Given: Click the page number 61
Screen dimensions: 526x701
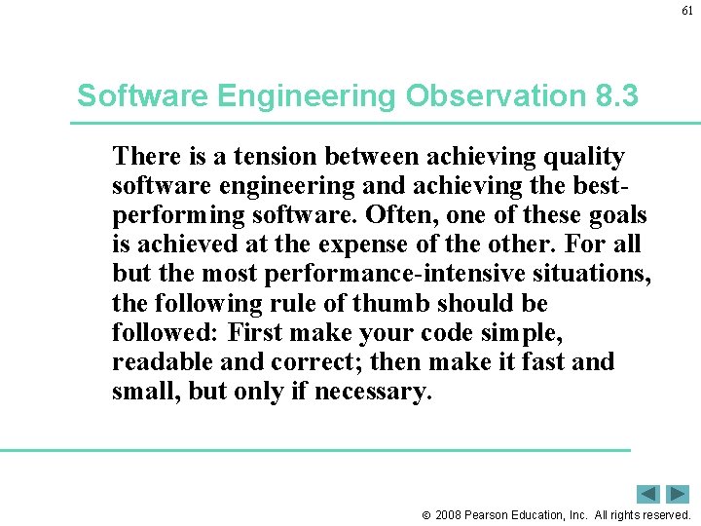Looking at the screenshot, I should click(686, 12).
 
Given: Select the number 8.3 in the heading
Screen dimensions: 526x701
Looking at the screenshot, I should click(615, 95).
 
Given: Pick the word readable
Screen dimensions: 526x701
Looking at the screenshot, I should click(158, 361).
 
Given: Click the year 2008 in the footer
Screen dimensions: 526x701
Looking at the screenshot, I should click(449, 514).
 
